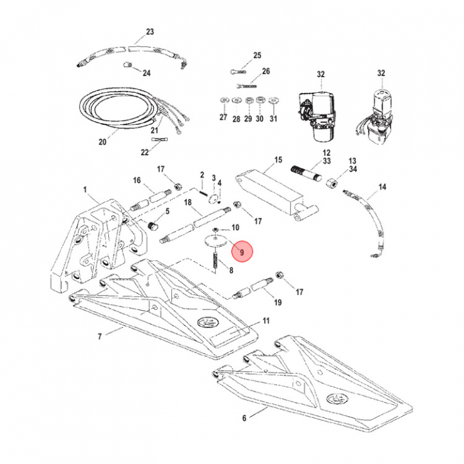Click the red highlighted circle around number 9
(x=243, y=252)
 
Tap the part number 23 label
(x=150, y=32)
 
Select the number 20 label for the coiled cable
(x=102, y=142)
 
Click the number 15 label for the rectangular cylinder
(x=278, y=159)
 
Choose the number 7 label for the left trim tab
(x=100, y=336)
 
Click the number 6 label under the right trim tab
(x=244, y=418)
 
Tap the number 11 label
(x=266, y=320)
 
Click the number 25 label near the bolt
(x=257, y=55)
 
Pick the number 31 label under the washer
(x=273, y=119)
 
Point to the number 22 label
(x=145, y=152)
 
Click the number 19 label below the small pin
(x=278, y=302)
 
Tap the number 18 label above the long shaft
(x=189, y=202)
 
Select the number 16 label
(x=137, y=180)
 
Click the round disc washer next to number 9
(x=215, y=242)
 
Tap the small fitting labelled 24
(x=128, y=65)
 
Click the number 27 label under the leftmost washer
(x=223, y=119)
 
